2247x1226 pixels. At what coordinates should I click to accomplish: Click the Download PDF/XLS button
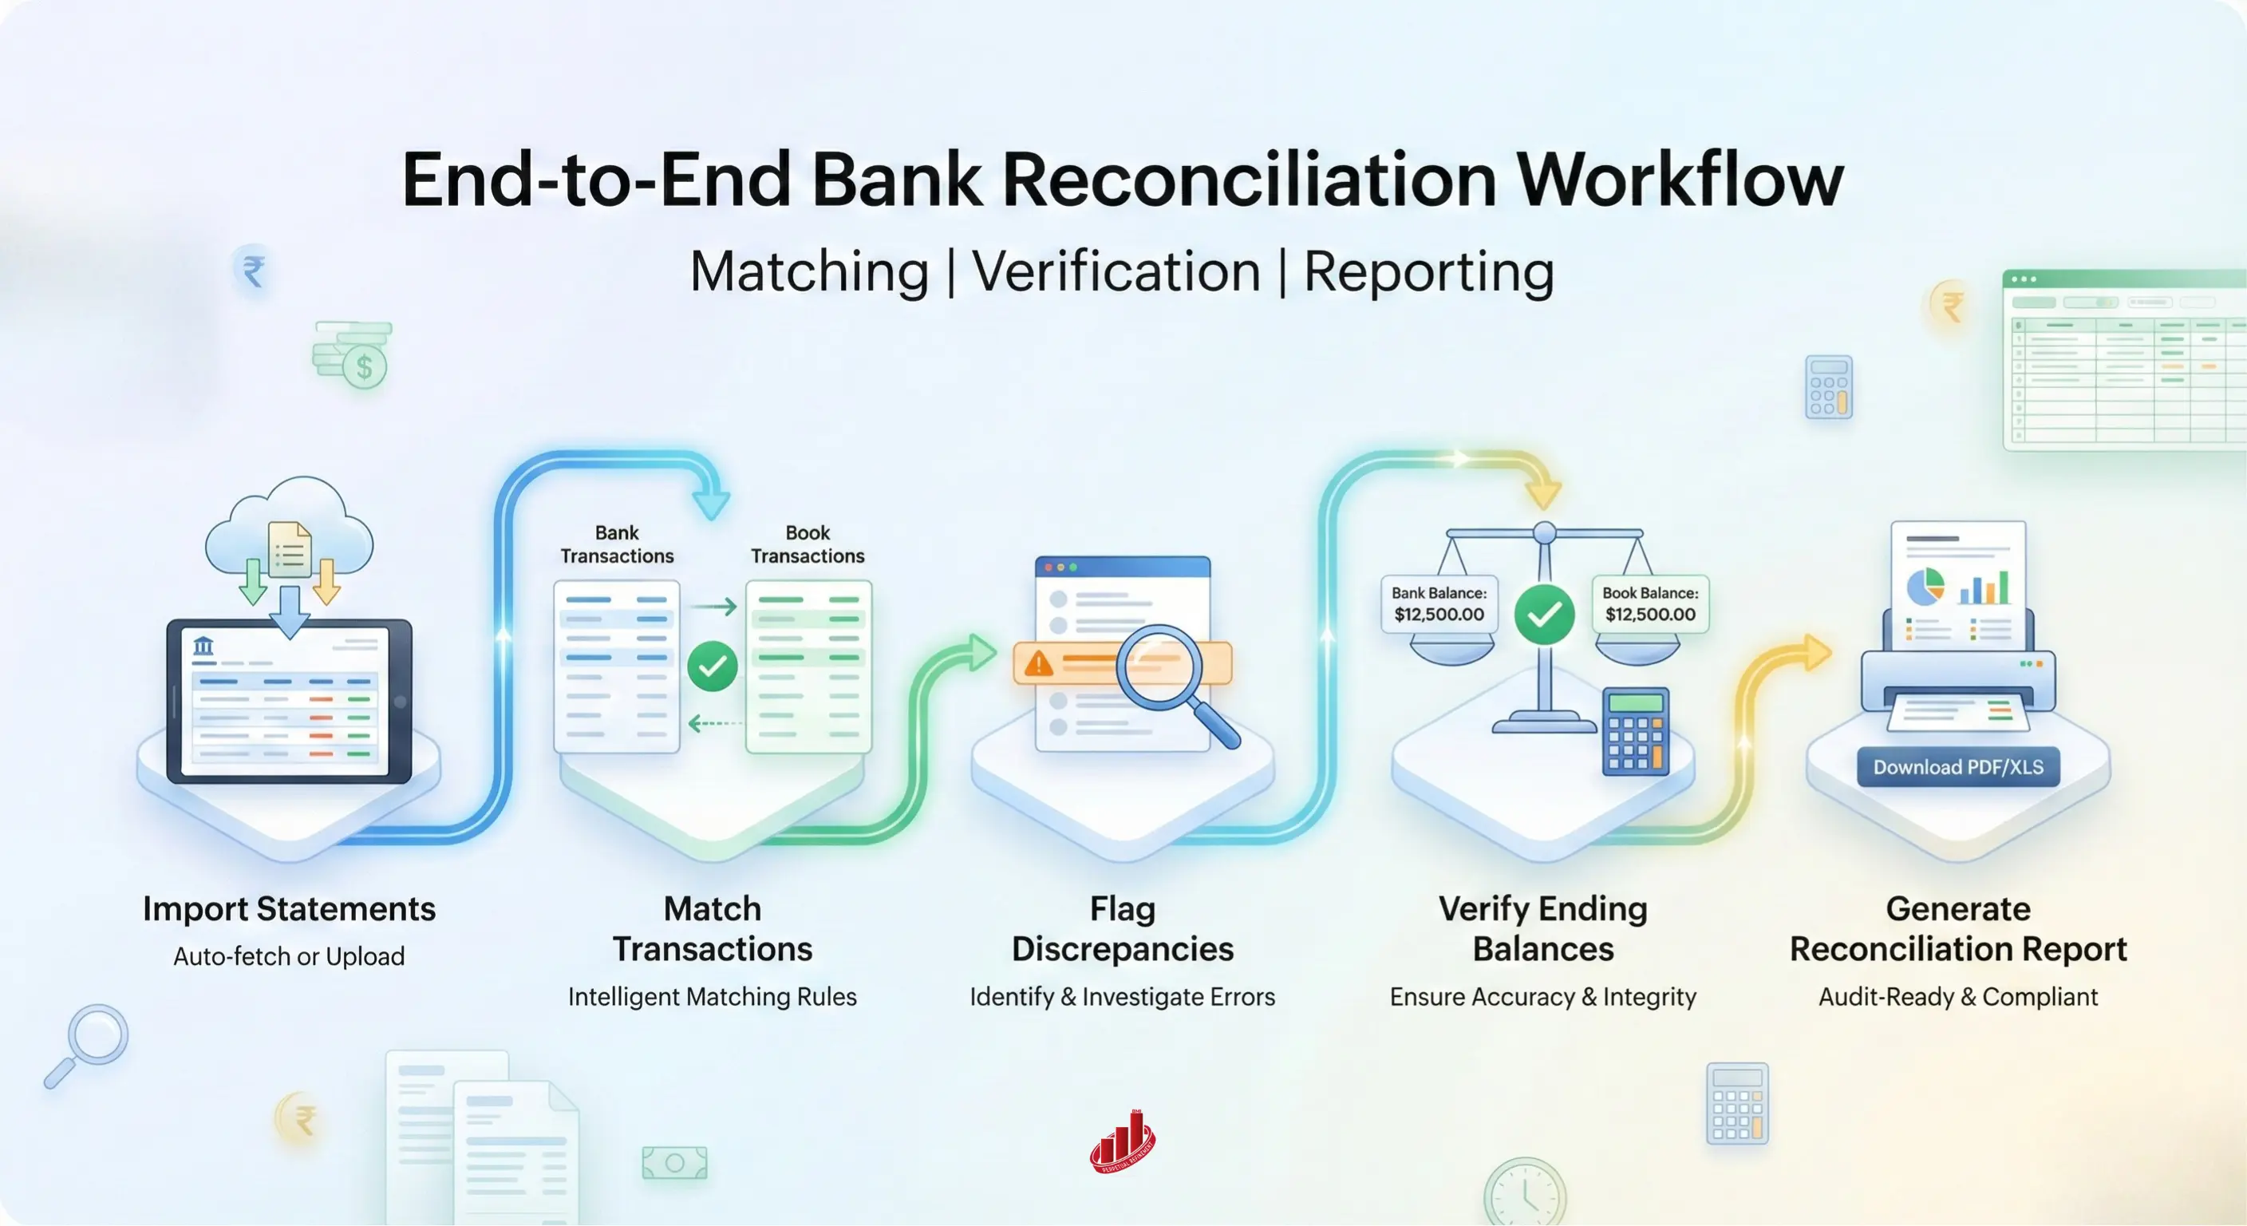(1957, 767)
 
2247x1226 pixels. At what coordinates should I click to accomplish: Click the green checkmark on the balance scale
(1544, 615)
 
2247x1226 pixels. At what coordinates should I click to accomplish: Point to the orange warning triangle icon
(1038, 664)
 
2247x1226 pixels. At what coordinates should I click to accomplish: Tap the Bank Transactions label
(617, 544)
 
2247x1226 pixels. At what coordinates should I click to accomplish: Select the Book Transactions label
(808, 544)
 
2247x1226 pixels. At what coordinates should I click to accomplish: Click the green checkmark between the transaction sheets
(712, 666)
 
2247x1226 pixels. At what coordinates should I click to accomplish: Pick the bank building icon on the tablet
(203, 647)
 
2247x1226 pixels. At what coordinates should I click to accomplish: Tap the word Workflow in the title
(1680, 180)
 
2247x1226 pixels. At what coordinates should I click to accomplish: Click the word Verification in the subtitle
(1116, 272)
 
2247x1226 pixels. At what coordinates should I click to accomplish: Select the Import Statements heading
(289, 909)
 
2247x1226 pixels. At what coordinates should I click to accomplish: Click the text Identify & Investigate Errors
(1122, 996)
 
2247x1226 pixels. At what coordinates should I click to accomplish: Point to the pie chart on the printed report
(1925, 587)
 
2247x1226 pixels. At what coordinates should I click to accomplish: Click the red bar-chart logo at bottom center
(1123, 1141)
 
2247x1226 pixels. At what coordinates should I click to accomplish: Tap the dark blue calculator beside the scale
(1636, 731)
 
